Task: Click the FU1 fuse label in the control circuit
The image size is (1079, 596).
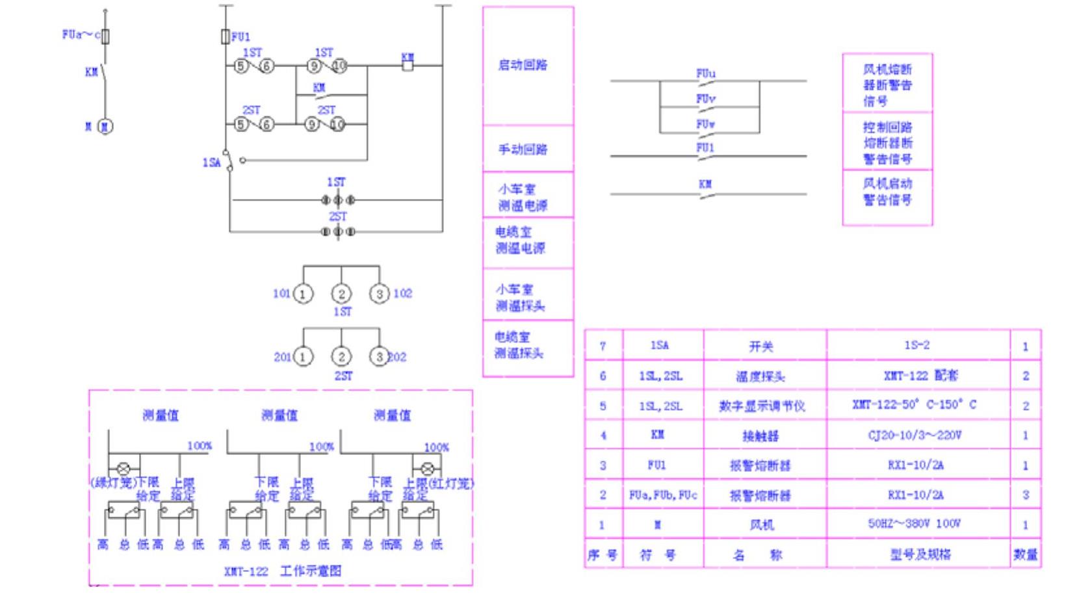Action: click(241, 37)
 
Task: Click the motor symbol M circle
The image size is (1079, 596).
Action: click(105, 126)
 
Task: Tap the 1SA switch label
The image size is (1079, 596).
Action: click(211, 162)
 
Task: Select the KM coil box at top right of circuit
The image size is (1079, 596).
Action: click(408, 65)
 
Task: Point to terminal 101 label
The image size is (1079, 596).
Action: click(281, 294)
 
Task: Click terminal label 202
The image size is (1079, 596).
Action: click(397, 357)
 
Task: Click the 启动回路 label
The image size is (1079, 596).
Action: click(523, 65)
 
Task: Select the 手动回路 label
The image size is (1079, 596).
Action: click(523, 149)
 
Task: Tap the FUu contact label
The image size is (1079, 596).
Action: click(706, 73)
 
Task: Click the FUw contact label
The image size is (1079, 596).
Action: click(706, 123)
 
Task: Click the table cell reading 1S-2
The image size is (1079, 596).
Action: click(916, 345)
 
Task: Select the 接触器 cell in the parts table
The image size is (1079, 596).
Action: click(760, 435)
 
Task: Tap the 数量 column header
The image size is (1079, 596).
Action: click(1026, 554)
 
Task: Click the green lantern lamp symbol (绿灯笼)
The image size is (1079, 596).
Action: click(123, 468)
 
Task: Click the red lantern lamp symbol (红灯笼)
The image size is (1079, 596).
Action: click(428, 468)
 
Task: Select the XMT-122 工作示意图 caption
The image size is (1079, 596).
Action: click(283, 571)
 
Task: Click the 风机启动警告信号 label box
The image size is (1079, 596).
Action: click(887, 192)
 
